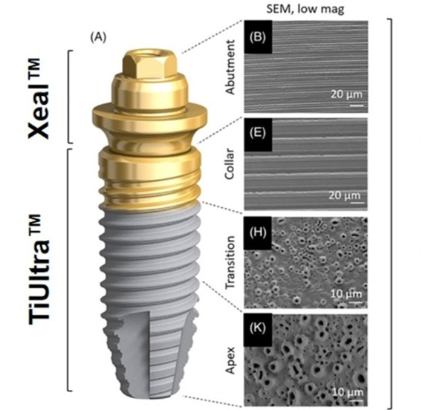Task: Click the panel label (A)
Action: tap(99, 37)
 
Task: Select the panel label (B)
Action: tap(258, 37)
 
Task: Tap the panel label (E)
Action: tap(258, 134)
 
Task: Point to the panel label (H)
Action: tap(258, 232)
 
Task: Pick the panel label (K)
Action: tap(258, 328)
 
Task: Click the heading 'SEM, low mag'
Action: tap(305, 9)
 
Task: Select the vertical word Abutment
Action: tap(230, 67)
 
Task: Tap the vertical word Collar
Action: tap(230, 163)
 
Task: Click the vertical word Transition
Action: tap(230, 262)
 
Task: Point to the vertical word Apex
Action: tap(231, 360)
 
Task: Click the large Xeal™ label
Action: tap(39, 98)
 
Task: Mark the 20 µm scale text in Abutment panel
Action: tap(347, 94)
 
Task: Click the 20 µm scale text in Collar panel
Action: tap(345, 195)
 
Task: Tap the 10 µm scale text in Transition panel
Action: tap(346, 293)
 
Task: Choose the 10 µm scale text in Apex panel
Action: tap(348, 392)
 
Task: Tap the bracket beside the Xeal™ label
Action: tap(69, 97)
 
